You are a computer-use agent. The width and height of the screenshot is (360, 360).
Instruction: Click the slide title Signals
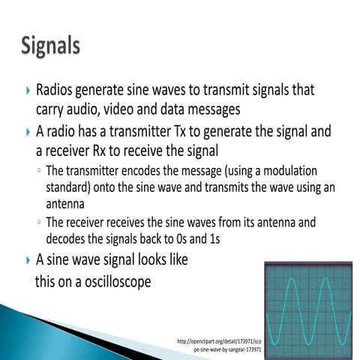[50, 45]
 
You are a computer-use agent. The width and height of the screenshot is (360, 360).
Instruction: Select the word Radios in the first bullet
[57, 90]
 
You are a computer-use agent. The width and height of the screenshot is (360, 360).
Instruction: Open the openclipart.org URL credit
[219, 346]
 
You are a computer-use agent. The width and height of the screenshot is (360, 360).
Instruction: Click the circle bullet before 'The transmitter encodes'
[38, 170]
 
